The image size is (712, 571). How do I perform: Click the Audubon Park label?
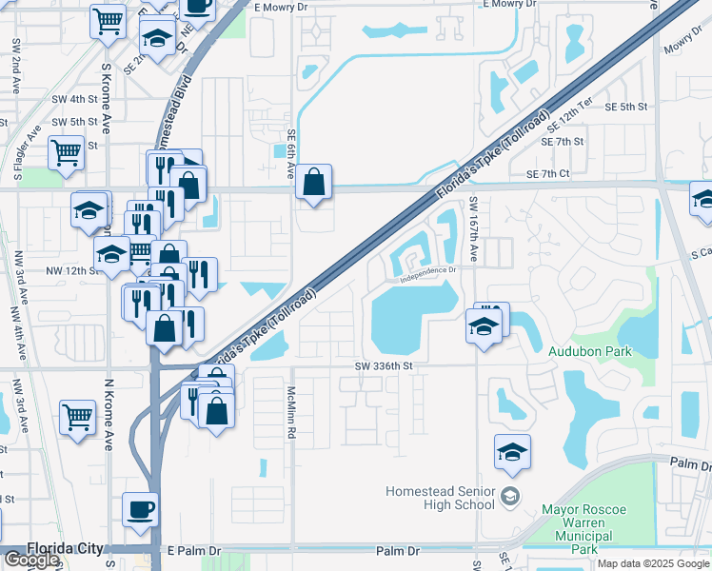pyautogui.click(x=589, y=350)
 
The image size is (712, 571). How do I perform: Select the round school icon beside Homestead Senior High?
pyautogui.click(x=511, y=496)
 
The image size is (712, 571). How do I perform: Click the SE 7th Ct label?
pyautogui.click(x=547, y=173)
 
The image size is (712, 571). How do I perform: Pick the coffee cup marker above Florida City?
pyautogui.click(x=141, y=508)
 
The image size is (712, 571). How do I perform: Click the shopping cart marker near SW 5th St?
pyautogui.click(x=66, y=151)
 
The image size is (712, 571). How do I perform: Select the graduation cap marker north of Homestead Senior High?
pyautogui.click(x=512, y=453)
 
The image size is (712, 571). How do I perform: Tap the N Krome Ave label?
pyautogui.click(x=109, y=414)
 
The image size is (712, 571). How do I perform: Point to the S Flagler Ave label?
pyautogui.click(x=26, y=152)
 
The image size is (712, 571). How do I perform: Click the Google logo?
pyautogui.click(x=31, y=560)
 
